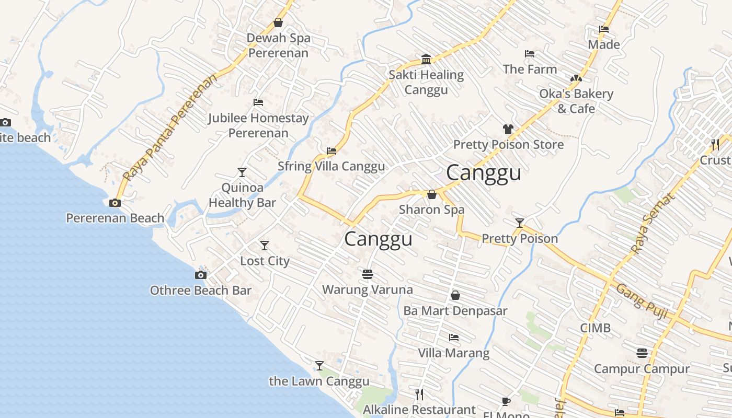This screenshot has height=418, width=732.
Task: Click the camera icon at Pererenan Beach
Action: coord(115,203)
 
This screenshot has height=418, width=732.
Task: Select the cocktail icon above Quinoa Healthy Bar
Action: coord(242,172)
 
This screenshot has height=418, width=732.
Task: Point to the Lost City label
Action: coord(265,261)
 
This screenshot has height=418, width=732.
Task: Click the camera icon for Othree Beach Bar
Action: coord(200,275)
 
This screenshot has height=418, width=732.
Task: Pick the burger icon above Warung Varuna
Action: coord(368,274)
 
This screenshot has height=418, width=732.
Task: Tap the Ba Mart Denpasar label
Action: coord(455,311)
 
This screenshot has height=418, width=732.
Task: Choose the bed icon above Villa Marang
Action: coord(454,338)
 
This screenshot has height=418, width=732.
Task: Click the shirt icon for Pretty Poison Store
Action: coord(508,129)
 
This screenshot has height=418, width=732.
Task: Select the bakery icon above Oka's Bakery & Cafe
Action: coord(576,78)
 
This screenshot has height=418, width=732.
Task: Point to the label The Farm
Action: coord(530,69)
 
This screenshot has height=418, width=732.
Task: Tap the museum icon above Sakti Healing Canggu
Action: coord(426,59)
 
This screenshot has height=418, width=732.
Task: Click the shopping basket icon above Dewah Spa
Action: coord(278,22)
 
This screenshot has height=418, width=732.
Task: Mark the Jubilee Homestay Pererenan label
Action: coord(258,125)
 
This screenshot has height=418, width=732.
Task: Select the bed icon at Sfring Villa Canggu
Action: coord(331,151)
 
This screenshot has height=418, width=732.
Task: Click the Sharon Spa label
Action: coord(431,210)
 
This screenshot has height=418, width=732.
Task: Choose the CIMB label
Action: coord(595,328)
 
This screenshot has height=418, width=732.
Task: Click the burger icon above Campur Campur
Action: coord(642,353)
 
